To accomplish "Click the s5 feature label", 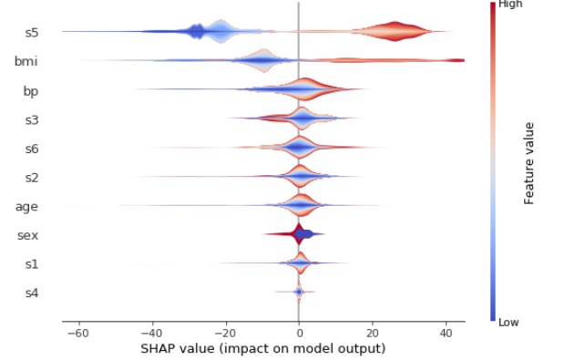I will click(x=31, y=34).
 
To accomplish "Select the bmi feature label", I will click(x=26, y=62).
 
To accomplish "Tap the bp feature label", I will click(x=30, y=91).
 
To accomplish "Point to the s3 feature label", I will click(x=31, y=120).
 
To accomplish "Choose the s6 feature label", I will click(x=31, y=149).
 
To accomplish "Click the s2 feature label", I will click(x=31, y=178).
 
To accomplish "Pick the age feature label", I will click(x=26, y=207).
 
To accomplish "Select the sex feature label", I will click(x=27, y=236).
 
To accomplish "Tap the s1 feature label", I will click(x=31, y=264).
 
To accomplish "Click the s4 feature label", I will click(x=31, y=293).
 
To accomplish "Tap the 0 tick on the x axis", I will click(x=299, y=333).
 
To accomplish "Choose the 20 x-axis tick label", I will click(x=372, y=333).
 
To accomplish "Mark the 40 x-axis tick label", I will click(x=446, y=333).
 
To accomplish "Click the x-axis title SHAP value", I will click(x=263, y=348).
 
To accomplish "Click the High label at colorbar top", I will click(x=510, y=5).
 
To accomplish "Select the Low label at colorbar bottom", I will click(x=508, y=322).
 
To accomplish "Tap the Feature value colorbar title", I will click(x=529, y=162).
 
